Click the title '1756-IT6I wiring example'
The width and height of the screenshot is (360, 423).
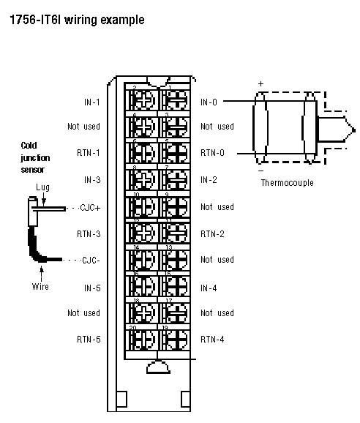point(76,20)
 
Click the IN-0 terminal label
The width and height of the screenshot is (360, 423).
point(209,100)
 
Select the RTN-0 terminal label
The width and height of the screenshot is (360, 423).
point(212,154)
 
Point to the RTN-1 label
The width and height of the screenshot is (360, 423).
point(89,154)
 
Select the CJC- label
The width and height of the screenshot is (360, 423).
point(89,261)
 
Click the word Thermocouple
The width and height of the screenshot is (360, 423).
point(288,182)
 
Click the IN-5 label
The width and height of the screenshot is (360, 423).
point(91,288)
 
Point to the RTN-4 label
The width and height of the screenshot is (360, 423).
point(212,340)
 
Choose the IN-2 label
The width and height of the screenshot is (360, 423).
point(209,180)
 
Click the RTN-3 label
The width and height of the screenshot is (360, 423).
point(89,234)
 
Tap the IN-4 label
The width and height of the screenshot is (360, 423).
point(209,288)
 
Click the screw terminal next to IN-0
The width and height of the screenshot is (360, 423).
point(176,100)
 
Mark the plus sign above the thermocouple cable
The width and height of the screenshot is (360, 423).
point(260,83)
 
